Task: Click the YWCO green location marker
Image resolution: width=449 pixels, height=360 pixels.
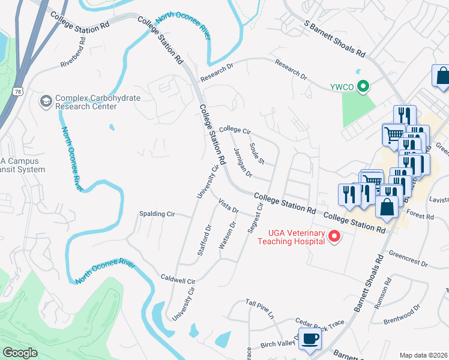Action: coord(363,87)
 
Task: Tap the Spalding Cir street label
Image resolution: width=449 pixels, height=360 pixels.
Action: coord(157,214)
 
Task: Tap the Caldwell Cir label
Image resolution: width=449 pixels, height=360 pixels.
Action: coord(178,280)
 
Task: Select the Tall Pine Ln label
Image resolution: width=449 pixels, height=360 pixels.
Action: coord(259,308)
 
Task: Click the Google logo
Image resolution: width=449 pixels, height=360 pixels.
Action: coord(20,352)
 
